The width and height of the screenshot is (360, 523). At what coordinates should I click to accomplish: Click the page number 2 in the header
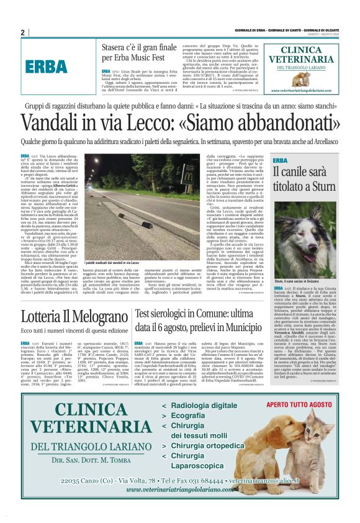(x=23, y=32)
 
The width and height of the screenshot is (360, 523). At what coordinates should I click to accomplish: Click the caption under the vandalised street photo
(x=112, y=263)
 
